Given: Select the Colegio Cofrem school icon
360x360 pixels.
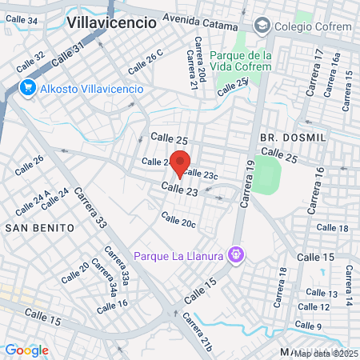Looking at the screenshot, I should coord(262,26).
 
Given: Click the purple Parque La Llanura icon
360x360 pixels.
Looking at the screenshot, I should coord(235,255).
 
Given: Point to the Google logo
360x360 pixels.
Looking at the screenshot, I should coord(26,350).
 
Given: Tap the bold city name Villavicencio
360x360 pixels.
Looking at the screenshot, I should coord(111,22).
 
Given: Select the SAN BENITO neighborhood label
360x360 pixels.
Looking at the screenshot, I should coord(40,227).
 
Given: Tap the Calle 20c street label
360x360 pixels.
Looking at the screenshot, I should coord(178,220).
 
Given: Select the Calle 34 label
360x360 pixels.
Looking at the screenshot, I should coord(22,20).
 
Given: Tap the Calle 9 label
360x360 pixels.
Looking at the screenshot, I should coord(307,326).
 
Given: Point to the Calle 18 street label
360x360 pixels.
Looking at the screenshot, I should coord(332,228).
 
